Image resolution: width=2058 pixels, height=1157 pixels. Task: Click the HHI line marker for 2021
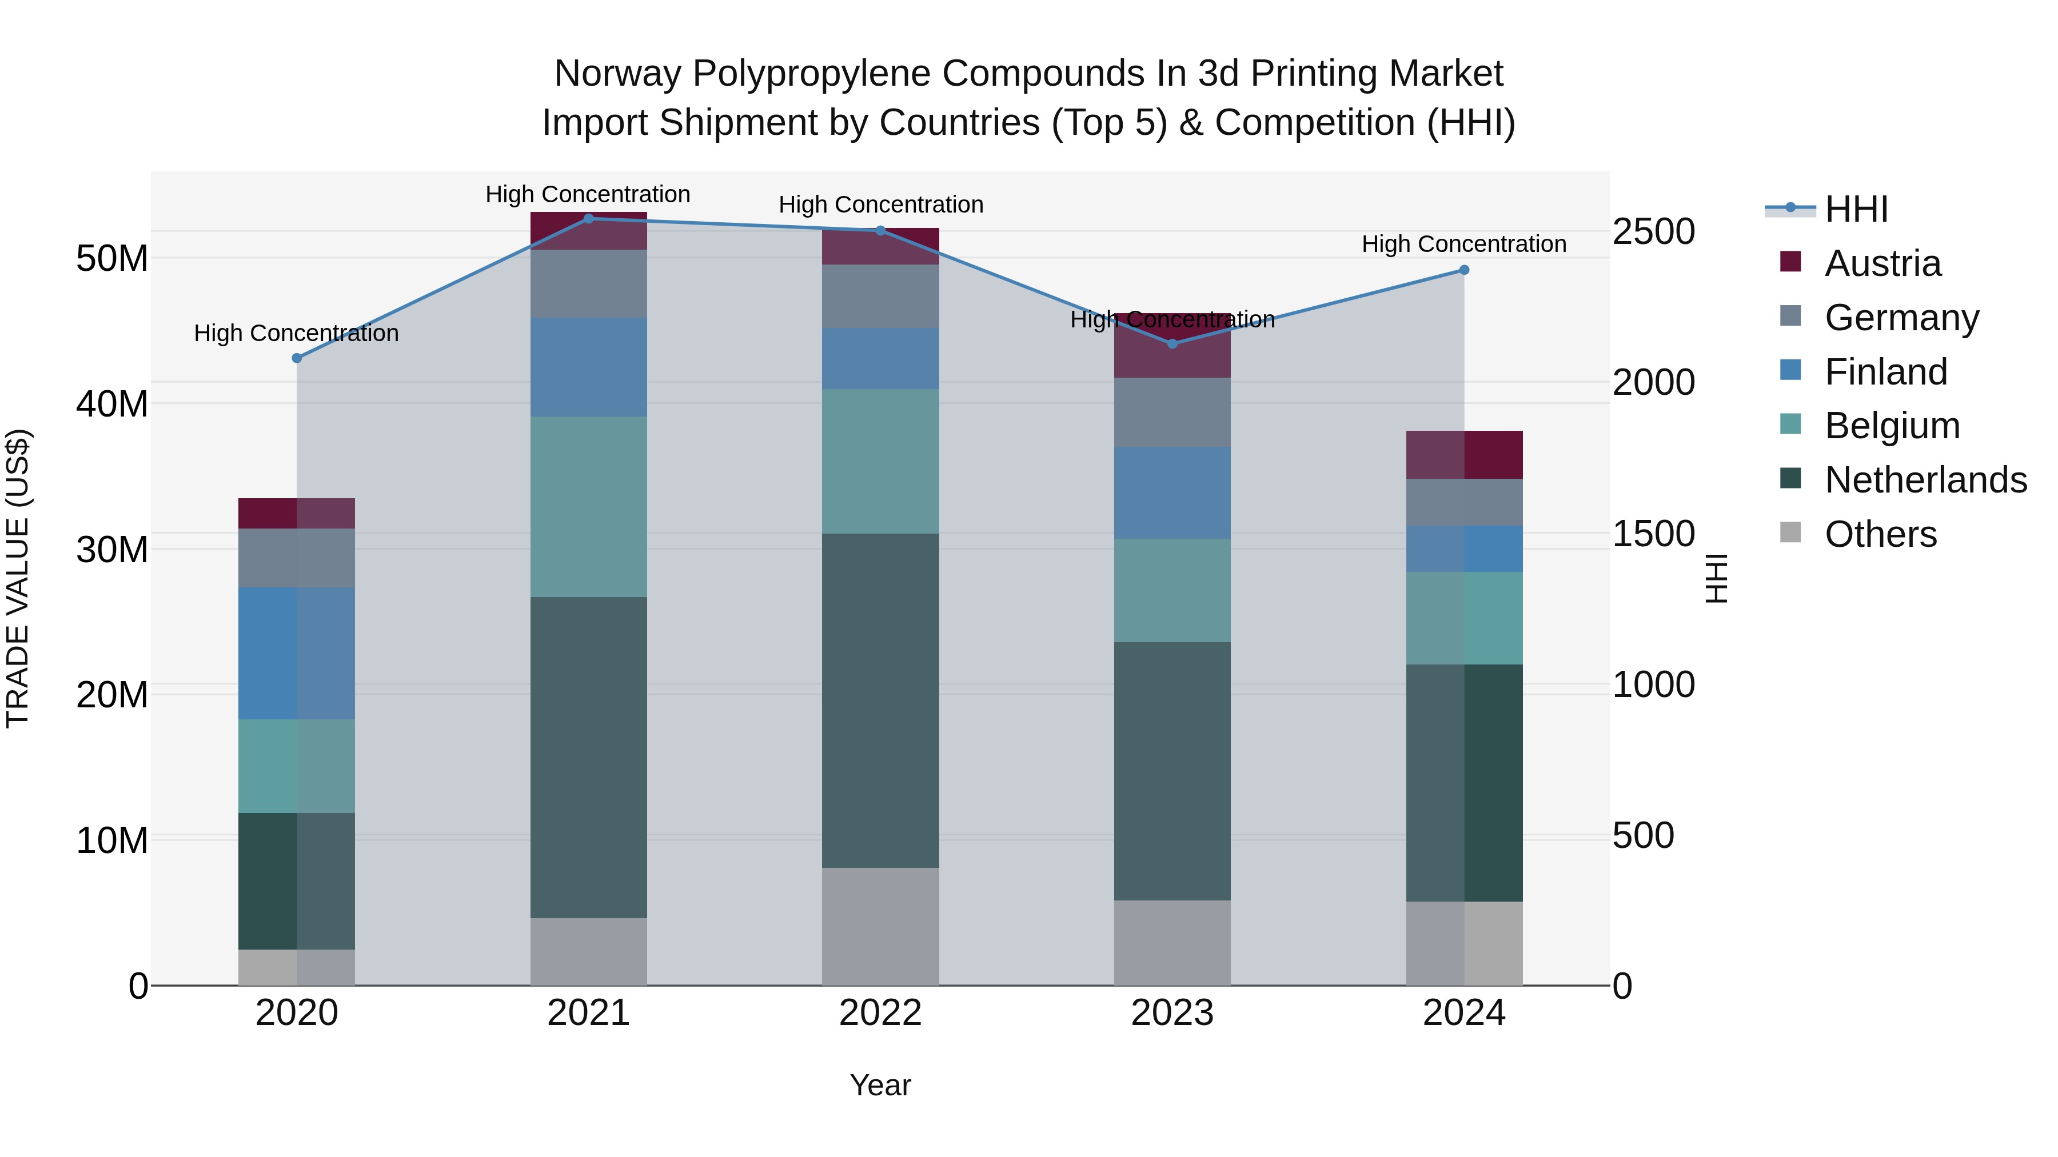(588, 218)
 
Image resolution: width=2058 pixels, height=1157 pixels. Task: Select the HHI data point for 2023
(1172, 343)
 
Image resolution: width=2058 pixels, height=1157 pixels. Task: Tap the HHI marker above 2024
(1463, 270)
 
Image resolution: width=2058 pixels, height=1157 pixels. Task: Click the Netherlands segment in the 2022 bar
(880, 700)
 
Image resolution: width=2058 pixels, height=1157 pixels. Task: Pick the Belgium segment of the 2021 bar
(588, 506)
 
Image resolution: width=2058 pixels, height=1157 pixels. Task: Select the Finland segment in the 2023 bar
(1172, 492)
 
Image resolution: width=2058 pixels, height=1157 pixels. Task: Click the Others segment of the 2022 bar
(880, 926)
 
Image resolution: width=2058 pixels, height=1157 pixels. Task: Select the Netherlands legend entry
(1925, 480)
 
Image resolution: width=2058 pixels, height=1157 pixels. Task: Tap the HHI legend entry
(1856, 209)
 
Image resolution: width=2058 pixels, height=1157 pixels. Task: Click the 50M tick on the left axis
(112, 258)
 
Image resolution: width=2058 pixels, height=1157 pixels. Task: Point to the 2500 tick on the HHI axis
(1653, 231)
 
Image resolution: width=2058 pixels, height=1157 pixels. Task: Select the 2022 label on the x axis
(880, 1013)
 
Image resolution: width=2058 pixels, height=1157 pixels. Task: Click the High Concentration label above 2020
(296, 333)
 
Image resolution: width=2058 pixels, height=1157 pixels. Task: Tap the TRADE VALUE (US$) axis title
(18, 578)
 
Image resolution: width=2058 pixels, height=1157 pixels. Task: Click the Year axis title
(880, 1085)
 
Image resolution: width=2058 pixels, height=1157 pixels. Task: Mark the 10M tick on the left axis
(112, 840)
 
